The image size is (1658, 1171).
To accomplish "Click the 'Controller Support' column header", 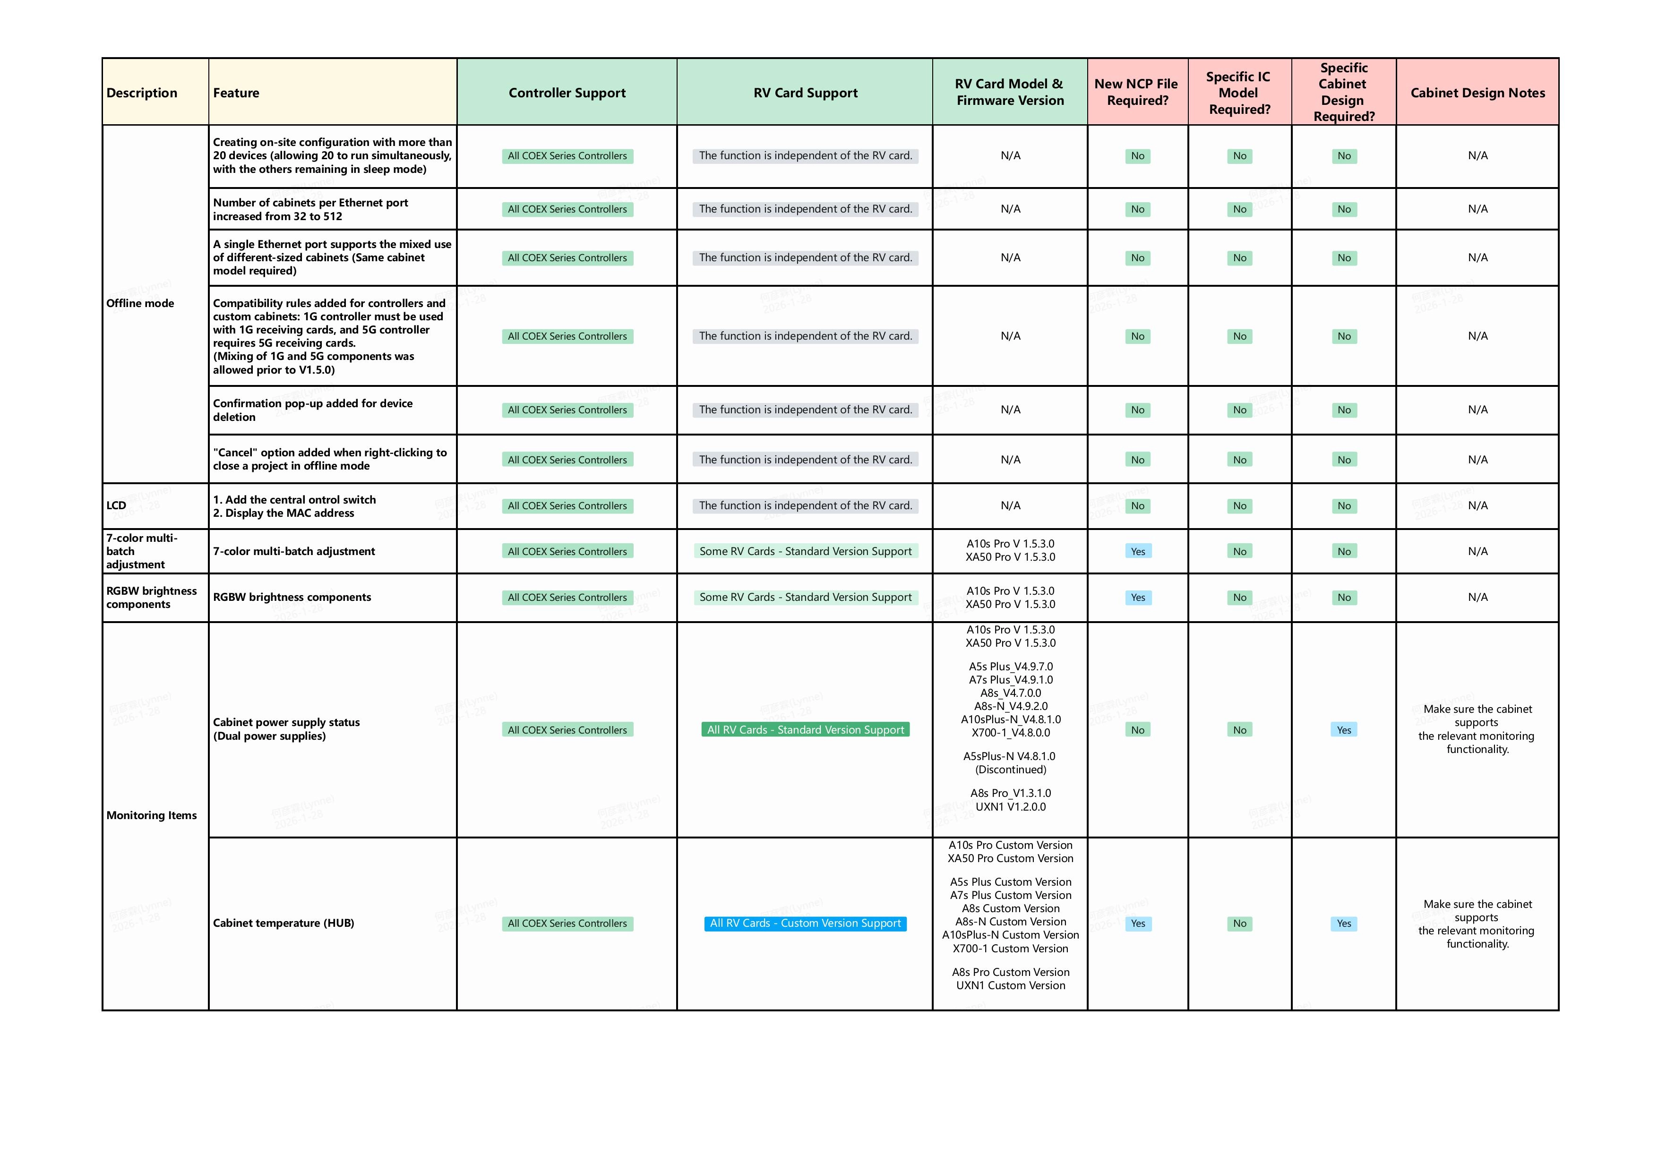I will click(567, 93).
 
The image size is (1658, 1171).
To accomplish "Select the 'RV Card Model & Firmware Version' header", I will click(1010, 93).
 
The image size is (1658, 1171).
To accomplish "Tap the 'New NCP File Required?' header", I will click(1137, 93).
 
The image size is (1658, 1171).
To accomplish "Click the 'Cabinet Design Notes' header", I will click(1478, 93).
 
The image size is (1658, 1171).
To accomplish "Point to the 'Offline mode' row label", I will click(140, 303).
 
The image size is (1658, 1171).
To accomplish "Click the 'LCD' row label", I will click(116, 505).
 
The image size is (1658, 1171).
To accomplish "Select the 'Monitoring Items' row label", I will click(152, 815).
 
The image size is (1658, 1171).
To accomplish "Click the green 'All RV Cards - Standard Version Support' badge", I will click(805, 730).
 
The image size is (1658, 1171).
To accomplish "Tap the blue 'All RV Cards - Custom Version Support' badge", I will click(805, 923).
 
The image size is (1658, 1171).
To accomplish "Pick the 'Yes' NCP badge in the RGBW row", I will click(1138, 598).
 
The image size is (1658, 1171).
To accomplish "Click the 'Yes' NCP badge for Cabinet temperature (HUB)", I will click(1138, 923).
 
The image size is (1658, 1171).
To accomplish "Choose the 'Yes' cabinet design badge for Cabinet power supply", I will click(1344, 730).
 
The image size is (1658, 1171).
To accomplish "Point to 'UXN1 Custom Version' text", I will click(1010, 985).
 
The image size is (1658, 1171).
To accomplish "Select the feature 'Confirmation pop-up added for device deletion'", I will click(313, 410).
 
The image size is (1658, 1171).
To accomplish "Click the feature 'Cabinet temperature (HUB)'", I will click(284, 923).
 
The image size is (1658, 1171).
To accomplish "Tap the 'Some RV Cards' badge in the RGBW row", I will click(805, 598).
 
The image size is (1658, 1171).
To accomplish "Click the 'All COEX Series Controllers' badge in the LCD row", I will click(567, 506).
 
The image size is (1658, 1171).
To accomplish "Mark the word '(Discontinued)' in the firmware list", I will click(1010, 769).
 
